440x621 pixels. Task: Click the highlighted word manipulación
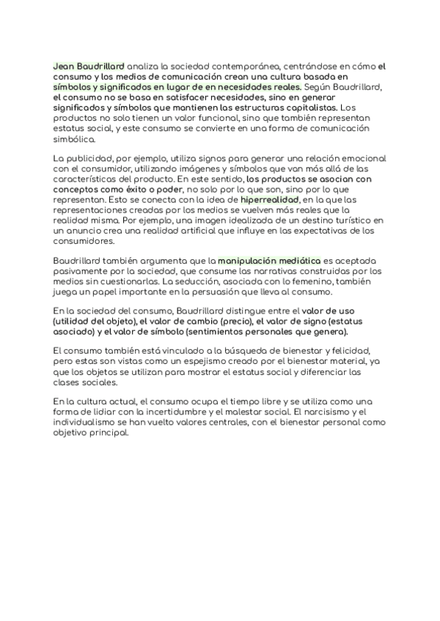(248, 260)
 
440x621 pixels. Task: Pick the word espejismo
(227, 362)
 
